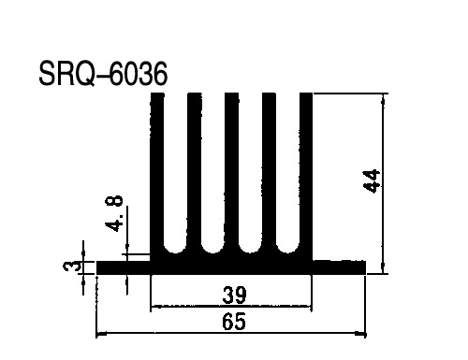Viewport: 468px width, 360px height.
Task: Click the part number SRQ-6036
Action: pos(103,74)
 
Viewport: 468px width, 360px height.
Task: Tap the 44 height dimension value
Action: pos(372,181)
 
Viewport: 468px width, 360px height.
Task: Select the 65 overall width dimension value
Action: pos(234,322)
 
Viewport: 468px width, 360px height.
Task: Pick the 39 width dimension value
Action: pos(234,295)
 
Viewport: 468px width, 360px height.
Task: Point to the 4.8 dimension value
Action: pos(114,213)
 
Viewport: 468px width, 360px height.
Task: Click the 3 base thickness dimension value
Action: pos(72,267)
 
